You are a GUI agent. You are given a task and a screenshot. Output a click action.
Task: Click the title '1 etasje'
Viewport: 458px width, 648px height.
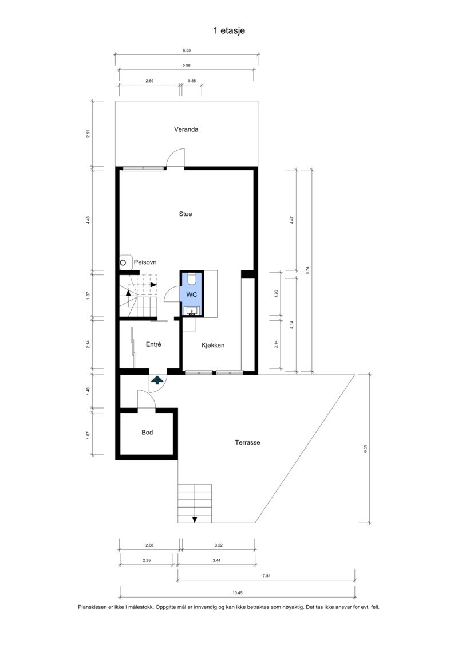tap(229, 30)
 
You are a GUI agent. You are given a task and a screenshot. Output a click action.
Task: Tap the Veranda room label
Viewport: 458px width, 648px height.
tap(186, 129)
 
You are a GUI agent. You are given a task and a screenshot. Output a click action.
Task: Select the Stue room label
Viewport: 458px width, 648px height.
tap(185, 214)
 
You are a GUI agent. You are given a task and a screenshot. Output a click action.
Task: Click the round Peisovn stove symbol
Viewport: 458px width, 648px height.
tap(123, 262)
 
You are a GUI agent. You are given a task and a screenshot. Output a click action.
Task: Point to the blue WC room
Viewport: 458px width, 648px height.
tap(191, 294)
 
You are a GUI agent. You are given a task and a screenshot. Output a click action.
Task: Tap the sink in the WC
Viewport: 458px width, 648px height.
tap(192, 311)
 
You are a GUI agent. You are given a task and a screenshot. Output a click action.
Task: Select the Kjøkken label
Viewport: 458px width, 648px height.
tap(213, 345)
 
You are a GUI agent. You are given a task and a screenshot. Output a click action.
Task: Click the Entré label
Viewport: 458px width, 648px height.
tap(153, 344)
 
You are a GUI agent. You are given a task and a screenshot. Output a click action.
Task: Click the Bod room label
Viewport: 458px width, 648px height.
tap(147, 432)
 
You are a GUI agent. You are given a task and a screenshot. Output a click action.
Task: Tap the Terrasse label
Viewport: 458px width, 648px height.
tap(247, 442)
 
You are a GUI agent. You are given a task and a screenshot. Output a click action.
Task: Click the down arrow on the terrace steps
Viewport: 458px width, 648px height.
tap(195, 520)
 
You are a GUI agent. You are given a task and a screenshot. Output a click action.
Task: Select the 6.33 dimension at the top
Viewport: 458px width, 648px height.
tap(187, 50)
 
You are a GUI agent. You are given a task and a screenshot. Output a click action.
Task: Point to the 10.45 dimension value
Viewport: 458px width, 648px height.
tap(238, 592)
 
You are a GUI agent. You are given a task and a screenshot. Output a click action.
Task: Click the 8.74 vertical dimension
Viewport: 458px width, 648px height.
tap(307, 270)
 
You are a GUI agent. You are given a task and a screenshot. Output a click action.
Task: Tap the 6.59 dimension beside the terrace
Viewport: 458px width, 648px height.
tap(365, 449)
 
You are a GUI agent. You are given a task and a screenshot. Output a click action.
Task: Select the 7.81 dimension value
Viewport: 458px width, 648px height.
tap(266, 575)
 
